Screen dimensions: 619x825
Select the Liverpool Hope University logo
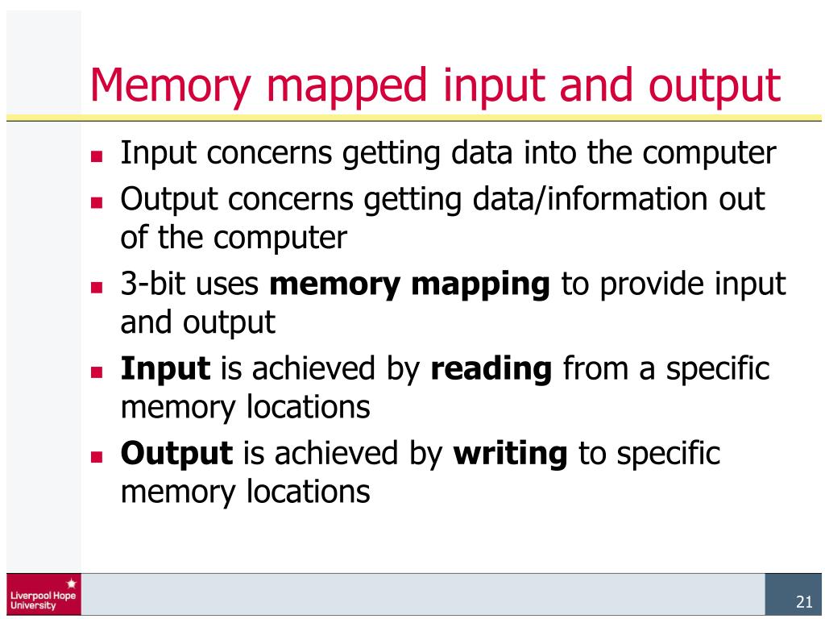(43, 594)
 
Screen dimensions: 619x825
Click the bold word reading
(491, 369)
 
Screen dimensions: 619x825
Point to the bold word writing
(510, 453)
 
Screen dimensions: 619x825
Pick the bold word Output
(176, 453)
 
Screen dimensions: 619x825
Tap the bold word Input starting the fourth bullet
(165, 369)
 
